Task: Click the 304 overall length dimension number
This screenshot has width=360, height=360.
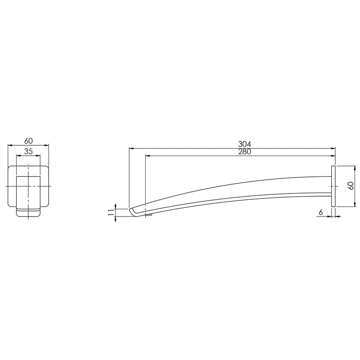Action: tap(244, 144)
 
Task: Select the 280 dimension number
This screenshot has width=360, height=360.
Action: tap(244, 152)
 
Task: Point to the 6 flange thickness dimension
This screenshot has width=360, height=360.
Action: tap(320, 212)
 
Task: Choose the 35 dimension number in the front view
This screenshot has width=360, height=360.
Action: tap(28, 152)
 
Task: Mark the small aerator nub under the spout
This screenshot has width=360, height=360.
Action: tap(150, 215)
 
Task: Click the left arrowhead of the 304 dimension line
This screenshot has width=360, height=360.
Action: tap(131, 148)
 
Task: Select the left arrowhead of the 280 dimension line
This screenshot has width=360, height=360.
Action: tap(148, 156)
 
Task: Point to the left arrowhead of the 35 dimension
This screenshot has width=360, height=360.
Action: tap(18, 156)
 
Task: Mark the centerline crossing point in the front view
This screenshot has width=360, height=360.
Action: tap(28, 186)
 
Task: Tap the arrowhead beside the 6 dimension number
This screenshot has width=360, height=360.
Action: tap(329, 216)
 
